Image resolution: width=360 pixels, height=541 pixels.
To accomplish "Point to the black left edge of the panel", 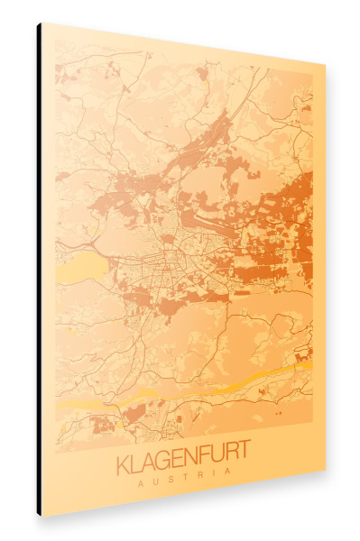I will [x=39, y=270].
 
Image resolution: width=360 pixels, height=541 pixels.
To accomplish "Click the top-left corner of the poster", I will [x=42, y=23].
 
